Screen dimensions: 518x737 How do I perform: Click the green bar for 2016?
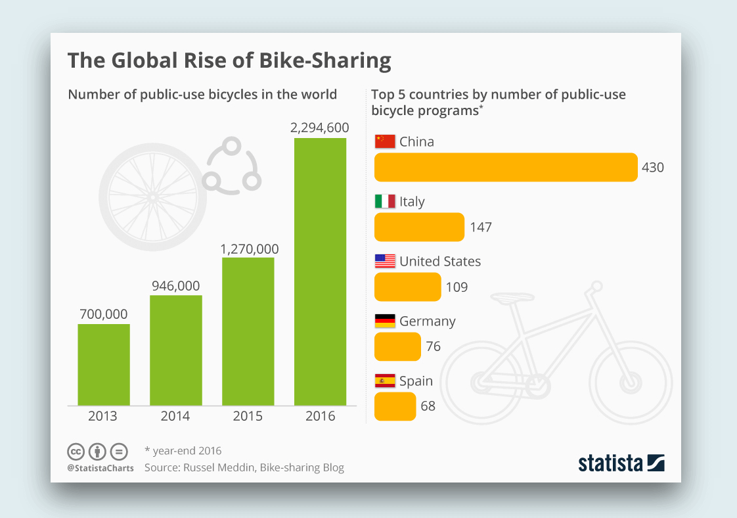coord(320,271)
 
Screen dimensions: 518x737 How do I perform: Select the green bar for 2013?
coord(104,364)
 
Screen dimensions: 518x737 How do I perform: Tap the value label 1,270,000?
coord(249,249)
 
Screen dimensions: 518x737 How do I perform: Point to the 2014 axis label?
coord(175,416)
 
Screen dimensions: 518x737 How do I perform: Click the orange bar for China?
coord(505,168)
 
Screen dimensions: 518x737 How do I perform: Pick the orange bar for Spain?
coord(395,406)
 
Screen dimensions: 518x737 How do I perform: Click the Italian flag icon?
coord(384,201)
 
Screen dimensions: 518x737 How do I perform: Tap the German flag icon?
coord(384,321)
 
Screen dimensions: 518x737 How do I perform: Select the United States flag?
coord(384,261)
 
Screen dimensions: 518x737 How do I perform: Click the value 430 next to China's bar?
coord(653,168)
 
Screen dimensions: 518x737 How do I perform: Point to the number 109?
coord(457,287)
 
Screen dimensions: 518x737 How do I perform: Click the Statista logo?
coord(621,463)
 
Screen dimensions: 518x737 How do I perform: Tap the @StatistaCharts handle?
coord(100,468)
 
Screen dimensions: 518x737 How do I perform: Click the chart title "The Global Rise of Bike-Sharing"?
coord(229,60)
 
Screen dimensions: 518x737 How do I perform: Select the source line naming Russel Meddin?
coord(244,468)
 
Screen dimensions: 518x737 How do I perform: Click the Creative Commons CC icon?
coord(76,452)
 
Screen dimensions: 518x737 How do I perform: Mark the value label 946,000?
coord(175,286)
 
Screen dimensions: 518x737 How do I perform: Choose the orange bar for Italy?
coord(419,227)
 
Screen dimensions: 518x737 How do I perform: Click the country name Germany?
coord(427,321)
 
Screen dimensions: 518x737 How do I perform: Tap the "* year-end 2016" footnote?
coord(183,451)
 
